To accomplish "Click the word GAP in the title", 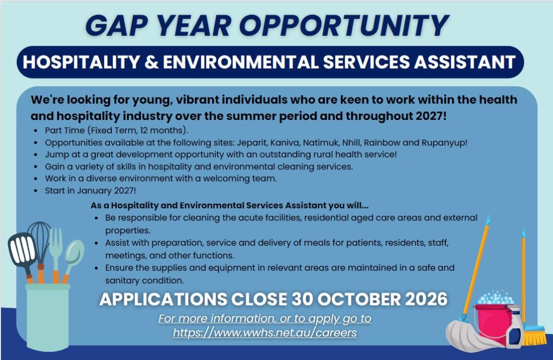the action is tap(117, 26).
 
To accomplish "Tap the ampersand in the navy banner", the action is tap(151, 62).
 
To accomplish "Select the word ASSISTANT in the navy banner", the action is tap(465, 62).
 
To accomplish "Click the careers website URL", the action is tap(265, 332).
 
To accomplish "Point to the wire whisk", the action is tap(39, 244).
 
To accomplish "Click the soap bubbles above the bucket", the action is tap(496, 298).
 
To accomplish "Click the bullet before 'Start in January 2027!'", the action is tap(36, 191).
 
